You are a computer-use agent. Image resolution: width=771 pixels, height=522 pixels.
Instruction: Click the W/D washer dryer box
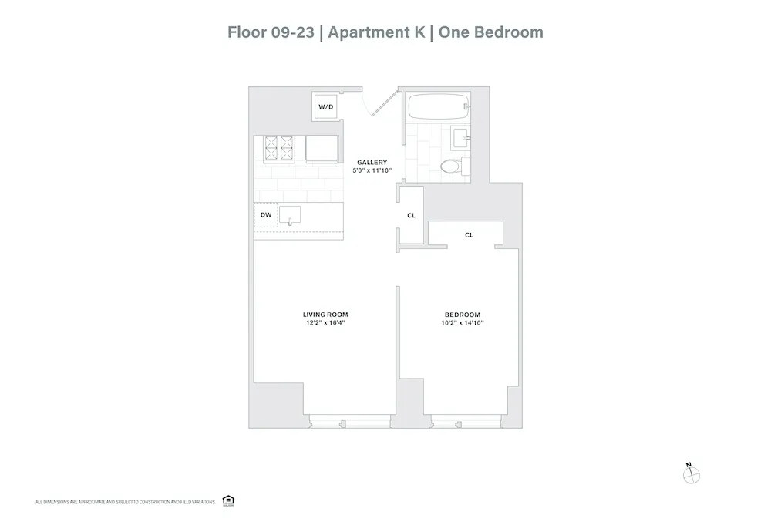[325, 106]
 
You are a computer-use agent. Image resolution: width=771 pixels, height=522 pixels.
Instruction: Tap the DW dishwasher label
[265, 215]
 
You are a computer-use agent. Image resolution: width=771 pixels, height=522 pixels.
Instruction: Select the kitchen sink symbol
[291, 215]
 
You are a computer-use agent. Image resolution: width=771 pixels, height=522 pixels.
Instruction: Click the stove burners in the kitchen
[279, 147]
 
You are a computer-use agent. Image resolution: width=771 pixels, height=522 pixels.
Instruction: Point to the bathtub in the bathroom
[437, 106]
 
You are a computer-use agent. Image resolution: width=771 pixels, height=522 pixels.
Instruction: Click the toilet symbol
[450, 165]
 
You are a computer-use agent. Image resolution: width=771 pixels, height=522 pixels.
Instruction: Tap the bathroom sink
[462, 139]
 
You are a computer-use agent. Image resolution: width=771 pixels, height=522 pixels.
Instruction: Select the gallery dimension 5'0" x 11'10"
[373, 170]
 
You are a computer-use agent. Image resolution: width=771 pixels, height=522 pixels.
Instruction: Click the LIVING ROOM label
[325, 314]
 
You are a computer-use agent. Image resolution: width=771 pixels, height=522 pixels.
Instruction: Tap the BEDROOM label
[463, 314]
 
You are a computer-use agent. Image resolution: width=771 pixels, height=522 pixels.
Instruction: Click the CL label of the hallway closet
[411, 215]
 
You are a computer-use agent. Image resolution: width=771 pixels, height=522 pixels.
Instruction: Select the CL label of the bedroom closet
[469, 234]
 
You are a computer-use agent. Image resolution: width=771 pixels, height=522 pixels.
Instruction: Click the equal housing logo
[227, 500]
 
